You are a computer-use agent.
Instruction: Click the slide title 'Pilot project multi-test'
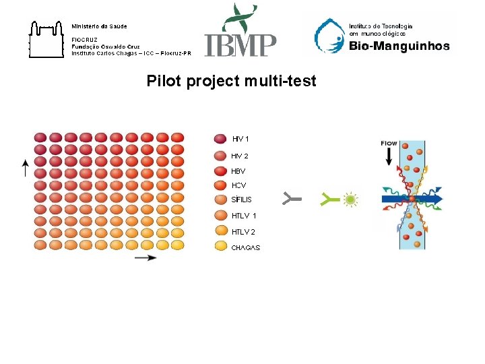[231, 82]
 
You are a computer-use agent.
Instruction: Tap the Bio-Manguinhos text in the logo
[399, 47]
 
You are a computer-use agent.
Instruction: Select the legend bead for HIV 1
[220, 139]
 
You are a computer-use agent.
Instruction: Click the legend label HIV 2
[240, 156]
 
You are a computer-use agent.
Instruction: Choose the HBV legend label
[238, 171]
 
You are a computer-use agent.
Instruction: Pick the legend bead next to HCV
[220, 185]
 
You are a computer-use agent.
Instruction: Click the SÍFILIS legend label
[242, 200]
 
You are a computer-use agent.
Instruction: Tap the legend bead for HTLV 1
[220, 216]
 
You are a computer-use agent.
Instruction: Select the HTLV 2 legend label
[243, 232]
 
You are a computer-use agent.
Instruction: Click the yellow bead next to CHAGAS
[220, 246]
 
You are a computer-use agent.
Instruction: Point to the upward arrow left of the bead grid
[24, 169]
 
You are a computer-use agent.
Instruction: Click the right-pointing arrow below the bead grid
[145, 258]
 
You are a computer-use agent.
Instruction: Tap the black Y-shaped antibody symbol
[291, 199]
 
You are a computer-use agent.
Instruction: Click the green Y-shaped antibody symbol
[330, 199]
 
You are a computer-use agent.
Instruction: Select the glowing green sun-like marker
[350, 200]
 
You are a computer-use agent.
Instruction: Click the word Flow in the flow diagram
[389, 144]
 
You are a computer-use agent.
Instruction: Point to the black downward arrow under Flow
[389, 156]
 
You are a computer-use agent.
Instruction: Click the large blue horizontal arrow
[412, 200]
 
